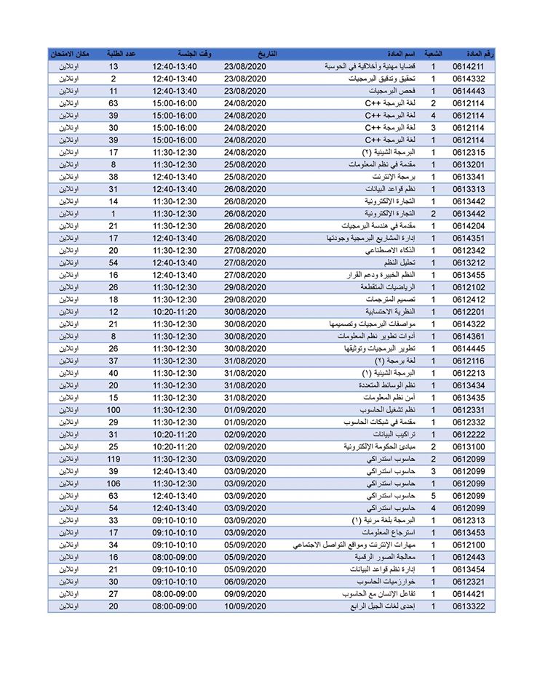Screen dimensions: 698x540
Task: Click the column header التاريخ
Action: (x=267, y=55)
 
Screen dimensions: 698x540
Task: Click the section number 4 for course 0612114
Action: (x=433, y=114)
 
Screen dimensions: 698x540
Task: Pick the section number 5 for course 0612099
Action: (x=433, y=497)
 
